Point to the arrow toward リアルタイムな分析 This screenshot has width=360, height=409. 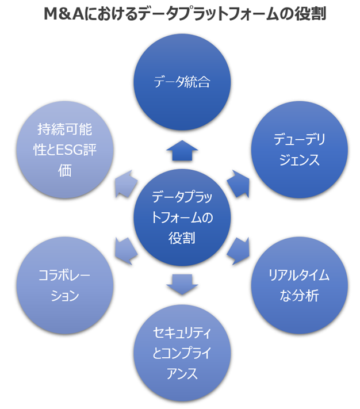(238, 249)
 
